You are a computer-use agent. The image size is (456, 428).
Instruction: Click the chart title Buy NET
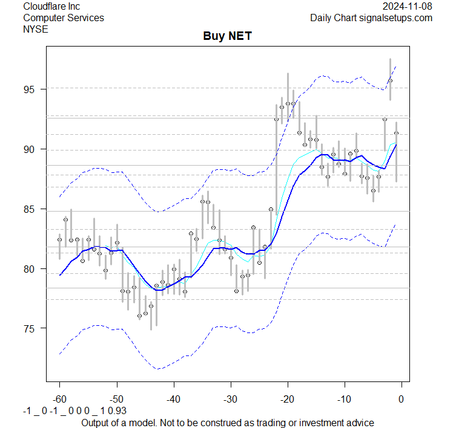227,37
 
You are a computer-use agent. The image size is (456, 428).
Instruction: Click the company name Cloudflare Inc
51,6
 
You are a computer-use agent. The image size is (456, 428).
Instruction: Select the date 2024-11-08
408,6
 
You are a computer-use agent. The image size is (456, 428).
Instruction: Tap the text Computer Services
63,18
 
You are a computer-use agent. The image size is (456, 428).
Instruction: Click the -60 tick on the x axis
59,400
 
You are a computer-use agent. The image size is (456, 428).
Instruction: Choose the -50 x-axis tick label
116,400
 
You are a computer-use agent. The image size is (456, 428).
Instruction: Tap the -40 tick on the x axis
173,400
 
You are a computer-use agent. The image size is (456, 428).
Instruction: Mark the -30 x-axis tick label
230,400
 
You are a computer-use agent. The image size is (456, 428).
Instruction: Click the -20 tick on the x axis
287,400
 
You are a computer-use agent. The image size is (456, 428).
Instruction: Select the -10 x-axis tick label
344,400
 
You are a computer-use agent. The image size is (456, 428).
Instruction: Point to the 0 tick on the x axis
401,400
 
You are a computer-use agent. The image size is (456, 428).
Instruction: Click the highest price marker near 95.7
391,80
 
